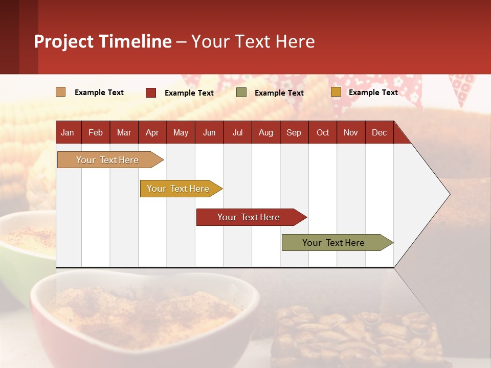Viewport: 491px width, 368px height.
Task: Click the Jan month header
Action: pyautogui.click(x=68, y=132)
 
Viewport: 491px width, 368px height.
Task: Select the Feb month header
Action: pyautogui.click(x=96, y=132)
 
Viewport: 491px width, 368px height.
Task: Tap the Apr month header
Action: pyautogui.click(x=152, y=132)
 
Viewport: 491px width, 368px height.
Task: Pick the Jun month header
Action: pyautogui.click(x=209, y=132)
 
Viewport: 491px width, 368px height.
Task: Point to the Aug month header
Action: pyautogui.click(x=266, y=132)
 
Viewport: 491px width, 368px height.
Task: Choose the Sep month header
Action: pyautogui.click(x=294, y=132)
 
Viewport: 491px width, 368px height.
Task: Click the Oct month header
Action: pyautogui.click(x=323, y=132)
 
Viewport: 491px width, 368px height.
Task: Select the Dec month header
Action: pyautogui.click(x=380, y=132)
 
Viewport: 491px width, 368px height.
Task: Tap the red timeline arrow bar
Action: pyautogui.click(x=249, y=217)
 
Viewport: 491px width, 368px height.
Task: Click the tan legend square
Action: pyautogui.click(x=61, y=92)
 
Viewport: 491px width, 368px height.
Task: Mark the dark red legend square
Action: pyautogui.click(x=151, y=93)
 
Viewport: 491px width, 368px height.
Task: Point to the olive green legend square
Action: pyautogui.click(x=241, y=93)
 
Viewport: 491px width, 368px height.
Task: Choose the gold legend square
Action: pyautogui.click(x=336, y=92)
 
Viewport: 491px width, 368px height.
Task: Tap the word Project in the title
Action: pyautogui.click(x=64, y=41)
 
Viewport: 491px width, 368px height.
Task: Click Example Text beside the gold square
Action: pyautogui.click(x=373, y=93)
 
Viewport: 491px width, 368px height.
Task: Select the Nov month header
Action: pyautogui.click(x=351, y=132)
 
